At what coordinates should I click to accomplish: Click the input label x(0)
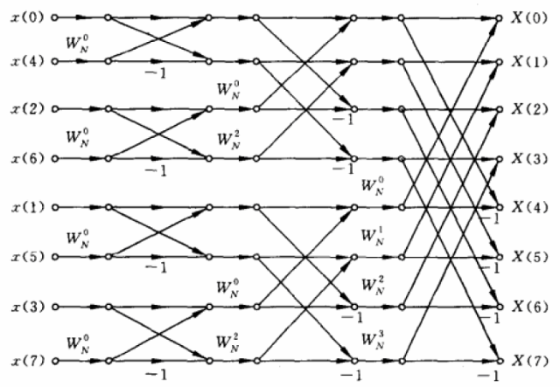click(28, 17)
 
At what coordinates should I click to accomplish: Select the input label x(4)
click(28, 62)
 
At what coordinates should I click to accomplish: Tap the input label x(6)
click(28, 158)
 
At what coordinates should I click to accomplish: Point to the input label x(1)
click(28, 207)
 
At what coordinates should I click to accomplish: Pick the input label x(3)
click(28, 307)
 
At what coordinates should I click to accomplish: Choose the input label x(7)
click(28, 361)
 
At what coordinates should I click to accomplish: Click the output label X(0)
click(529, 17)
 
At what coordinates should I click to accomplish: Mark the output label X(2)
click(529, 109)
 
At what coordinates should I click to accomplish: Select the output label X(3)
click(529, 159)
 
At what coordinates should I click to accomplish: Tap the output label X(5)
click(529, 257)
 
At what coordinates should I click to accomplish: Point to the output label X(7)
click(529, 361)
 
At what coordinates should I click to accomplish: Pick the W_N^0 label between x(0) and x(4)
click(78, 44)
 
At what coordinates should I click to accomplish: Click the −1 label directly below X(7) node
click(488, 376)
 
